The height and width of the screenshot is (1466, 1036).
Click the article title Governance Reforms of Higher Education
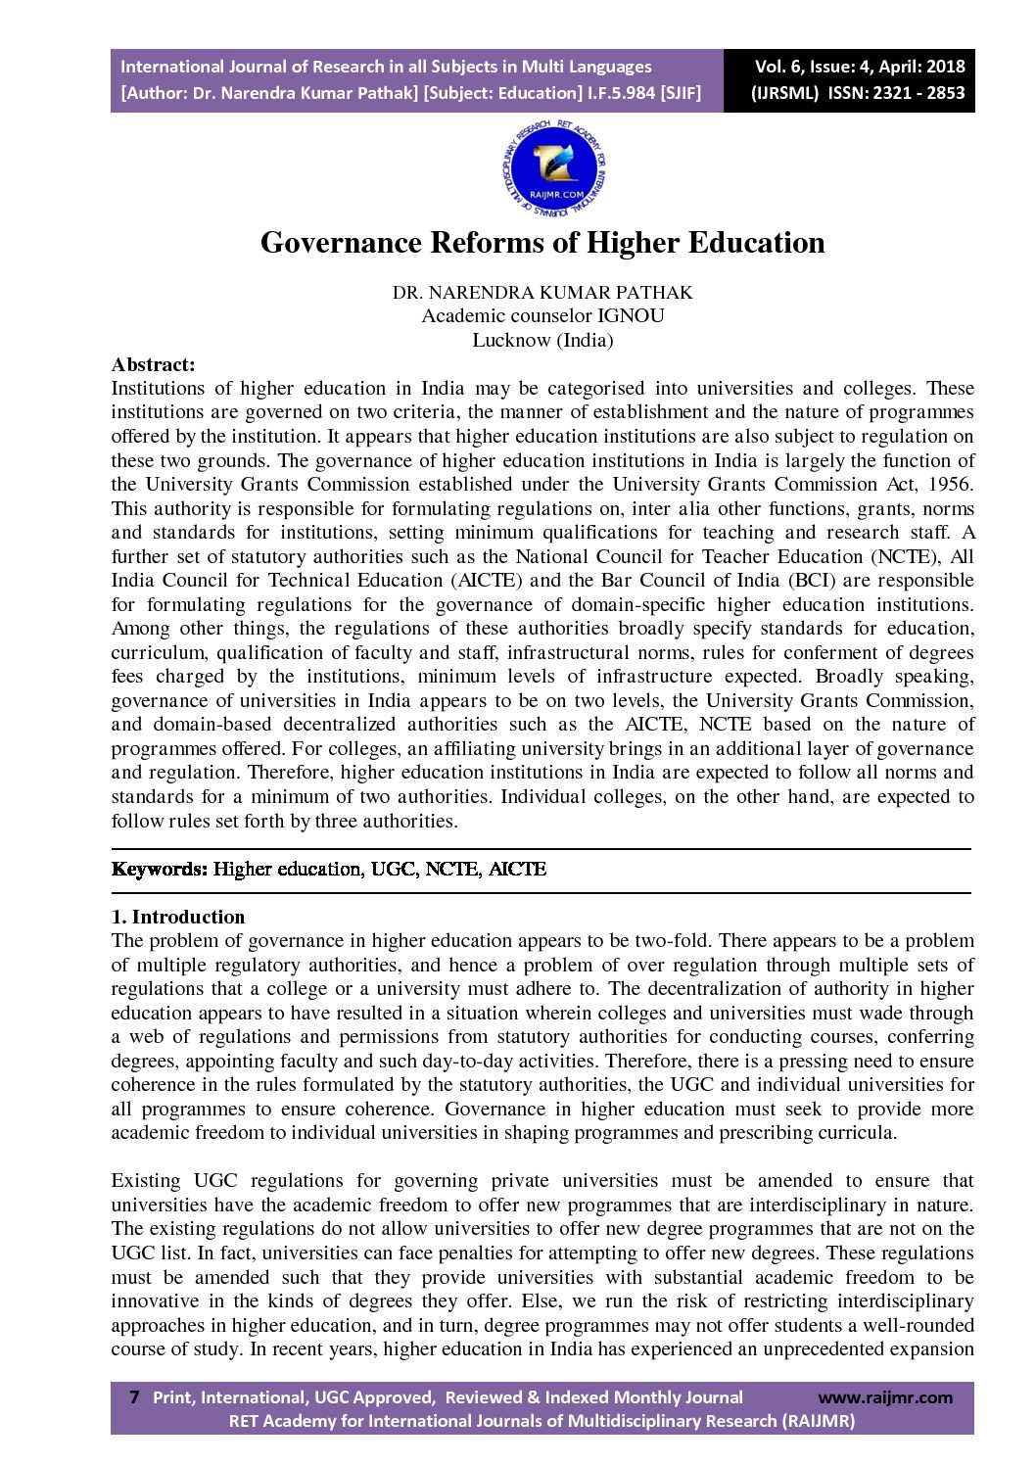point(542,243)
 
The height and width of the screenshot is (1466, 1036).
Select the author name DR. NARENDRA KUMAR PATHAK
point(542,293)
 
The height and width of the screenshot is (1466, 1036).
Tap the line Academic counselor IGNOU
point(542,316)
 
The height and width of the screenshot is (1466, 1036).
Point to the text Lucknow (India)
point(542,341)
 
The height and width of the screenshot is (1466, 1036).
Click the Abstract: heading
point(153,365)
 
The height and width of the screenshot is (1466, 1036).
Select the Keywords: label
point(160,870)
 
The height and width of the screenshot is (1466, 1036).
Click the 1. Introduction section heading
point(178,918)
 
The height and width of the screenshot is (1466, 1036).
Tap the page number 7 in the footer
point(134,1397)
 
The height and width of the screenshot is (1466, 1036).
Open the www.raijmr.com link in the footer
point(884,1397)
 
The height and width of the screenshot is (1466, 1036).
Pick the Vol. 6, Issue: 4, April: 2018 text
point(859,67)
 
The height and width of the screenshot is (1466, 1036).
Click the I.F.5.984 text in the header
point(622,93)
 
